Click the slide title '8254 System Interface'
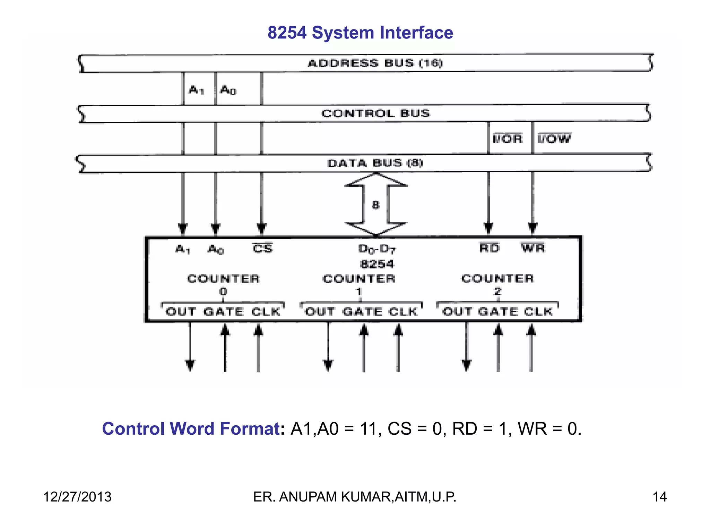point(360,33)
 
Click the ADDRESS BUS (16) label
point(375,63)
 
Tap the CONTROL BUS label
point(376,113)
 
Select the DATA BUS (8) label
point(375,163)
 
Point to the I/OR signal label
point(508,139)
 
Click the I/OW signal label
point(554,139)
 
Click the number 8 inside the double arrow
point(375,205)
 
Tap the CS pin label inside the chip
point(262,248)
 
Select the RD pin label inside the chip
point(489,248)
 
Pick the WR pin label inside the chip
point(533,248)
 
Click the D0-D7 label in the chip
point(377,249)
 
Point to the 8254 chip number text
point(377,264)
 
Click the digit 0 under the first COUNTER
point(223,292)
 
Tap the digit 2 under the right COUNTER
point(497,291)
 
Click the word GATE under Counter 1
point(362,312)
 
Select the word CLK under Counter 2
point(538,311)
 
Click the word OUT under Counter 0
point(181,312)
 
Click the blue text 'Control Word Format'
point(191,429)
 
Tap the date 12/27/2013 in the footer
point(77,497)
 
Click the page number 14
point(659,497)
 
